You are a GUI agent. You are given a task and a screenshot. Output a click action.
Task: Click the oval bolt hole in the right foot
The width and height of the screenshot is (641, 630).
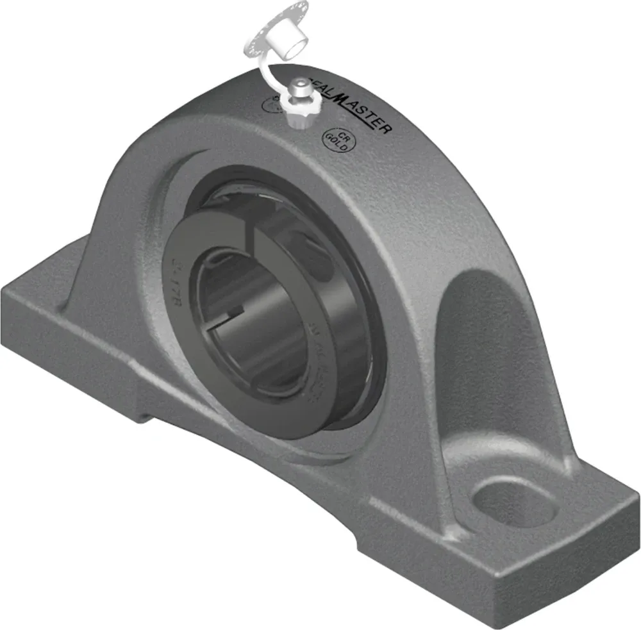tap(511, 500)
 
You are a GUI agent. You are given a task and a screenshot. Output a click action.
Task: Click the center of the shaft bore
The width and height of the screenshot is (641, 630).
tap(256, 320)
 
